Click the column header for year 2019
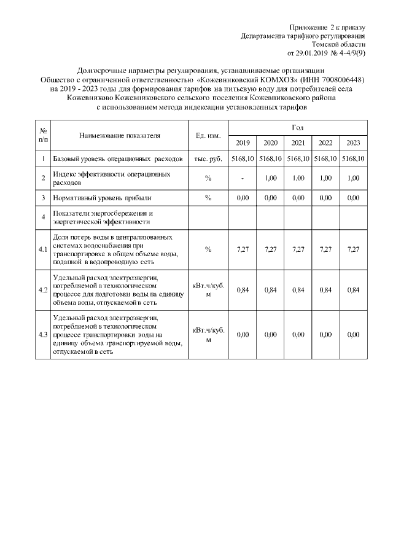click(x=243, y=143)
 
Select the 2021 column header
click(x=298, y=143)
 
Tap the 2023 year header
click(x=353, y=143)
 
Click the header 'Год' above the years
click(x=298, y=127)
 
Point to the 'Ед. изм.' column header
click(x=208, y=135)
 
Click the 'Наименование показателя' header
click(x=119, y=135)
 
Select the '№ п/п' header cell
click(x=43, y=135)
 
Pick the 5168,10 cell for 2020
click(x=270, y=159)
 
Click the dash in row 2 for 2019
click(x=243, y=178)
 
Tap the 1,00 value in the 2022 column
click(x=325, y=178)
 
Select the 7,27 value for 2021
click(x=298, y=249)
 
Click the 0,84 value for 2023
click(x=353, y=290)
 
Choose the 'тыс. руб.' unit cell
click(x=208, y=159)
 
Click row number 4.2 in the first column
click(x=43, y=290)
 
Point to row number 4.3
click(x=43, y=335)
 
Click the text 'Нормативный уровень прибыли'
click(x=102, y=198)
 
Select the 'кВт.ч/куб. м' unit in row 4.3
click(x=208, y=335)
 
